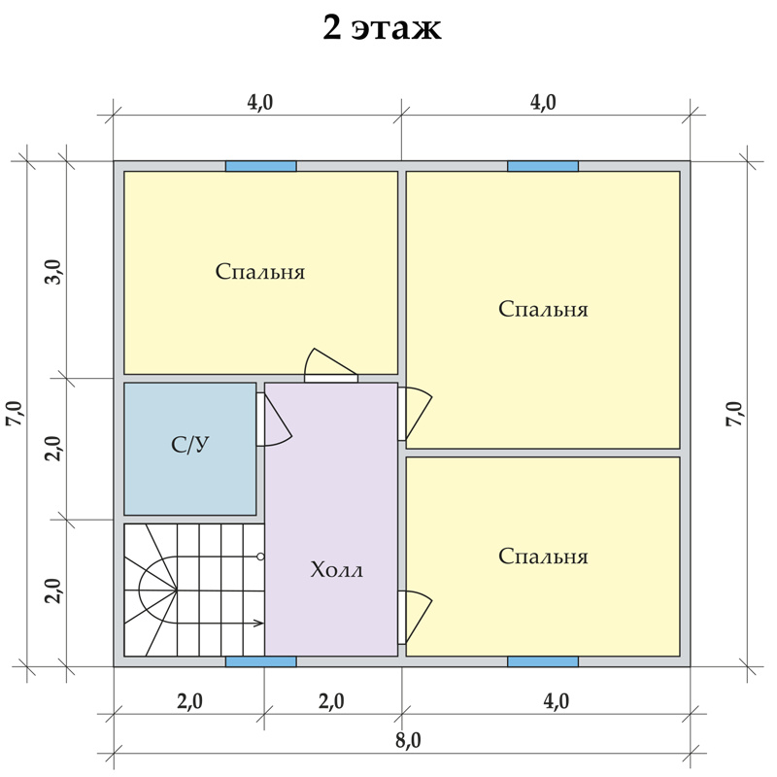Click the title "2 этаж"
[382, 29]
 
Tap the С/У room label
[190, 445]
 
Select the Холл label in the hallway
[336, 570]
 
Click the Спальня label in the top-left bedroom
[260, 272]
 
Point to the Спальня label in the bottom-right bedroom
[543, 557]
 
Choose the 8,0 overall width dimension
[408, 740]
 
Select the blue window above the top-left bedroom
[261, 166]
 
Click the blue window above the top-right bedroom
[543, 166]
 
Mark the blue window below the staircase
[261, 661]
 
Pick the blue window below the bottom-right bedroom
[543, 661]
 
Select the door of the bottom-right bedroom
[416, 617]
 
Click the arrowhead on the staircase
[259, 623]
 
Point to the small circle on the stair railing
[260, 557]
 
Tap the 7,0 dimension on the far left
[14, 414]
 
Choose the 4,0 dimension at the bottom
[556, 701]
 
